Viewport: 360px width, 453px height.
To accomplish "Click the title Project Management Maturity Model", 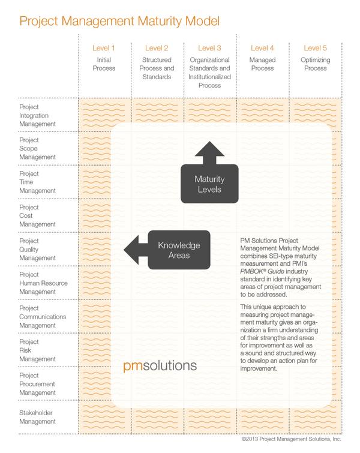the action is tap(120, 22).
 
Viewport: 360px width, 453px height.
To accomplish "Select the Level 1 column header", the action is tap(104, 49).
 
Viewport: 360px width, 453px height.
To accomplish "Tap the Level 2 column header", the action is tap(157, 49).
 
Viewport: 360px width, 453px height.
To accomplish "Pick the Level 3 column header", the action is tap(210, 49).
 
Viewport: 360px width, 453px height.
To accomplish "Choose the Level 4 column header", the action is tap(263, 49).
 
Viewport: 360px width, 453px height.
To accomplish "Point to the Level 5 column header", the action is tap(316, 49).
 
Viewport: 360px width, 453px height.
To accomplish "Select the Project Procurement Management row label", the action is tap(40, 384).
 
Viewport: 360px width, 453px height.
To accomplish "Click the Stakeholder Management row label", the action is tap(40, 418).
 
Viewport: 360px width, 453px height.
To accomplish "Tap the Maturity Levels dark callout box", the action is tap(209, 184).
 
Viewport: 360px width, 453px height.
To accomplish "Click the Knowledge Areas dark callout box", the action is tap(179, 250).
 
